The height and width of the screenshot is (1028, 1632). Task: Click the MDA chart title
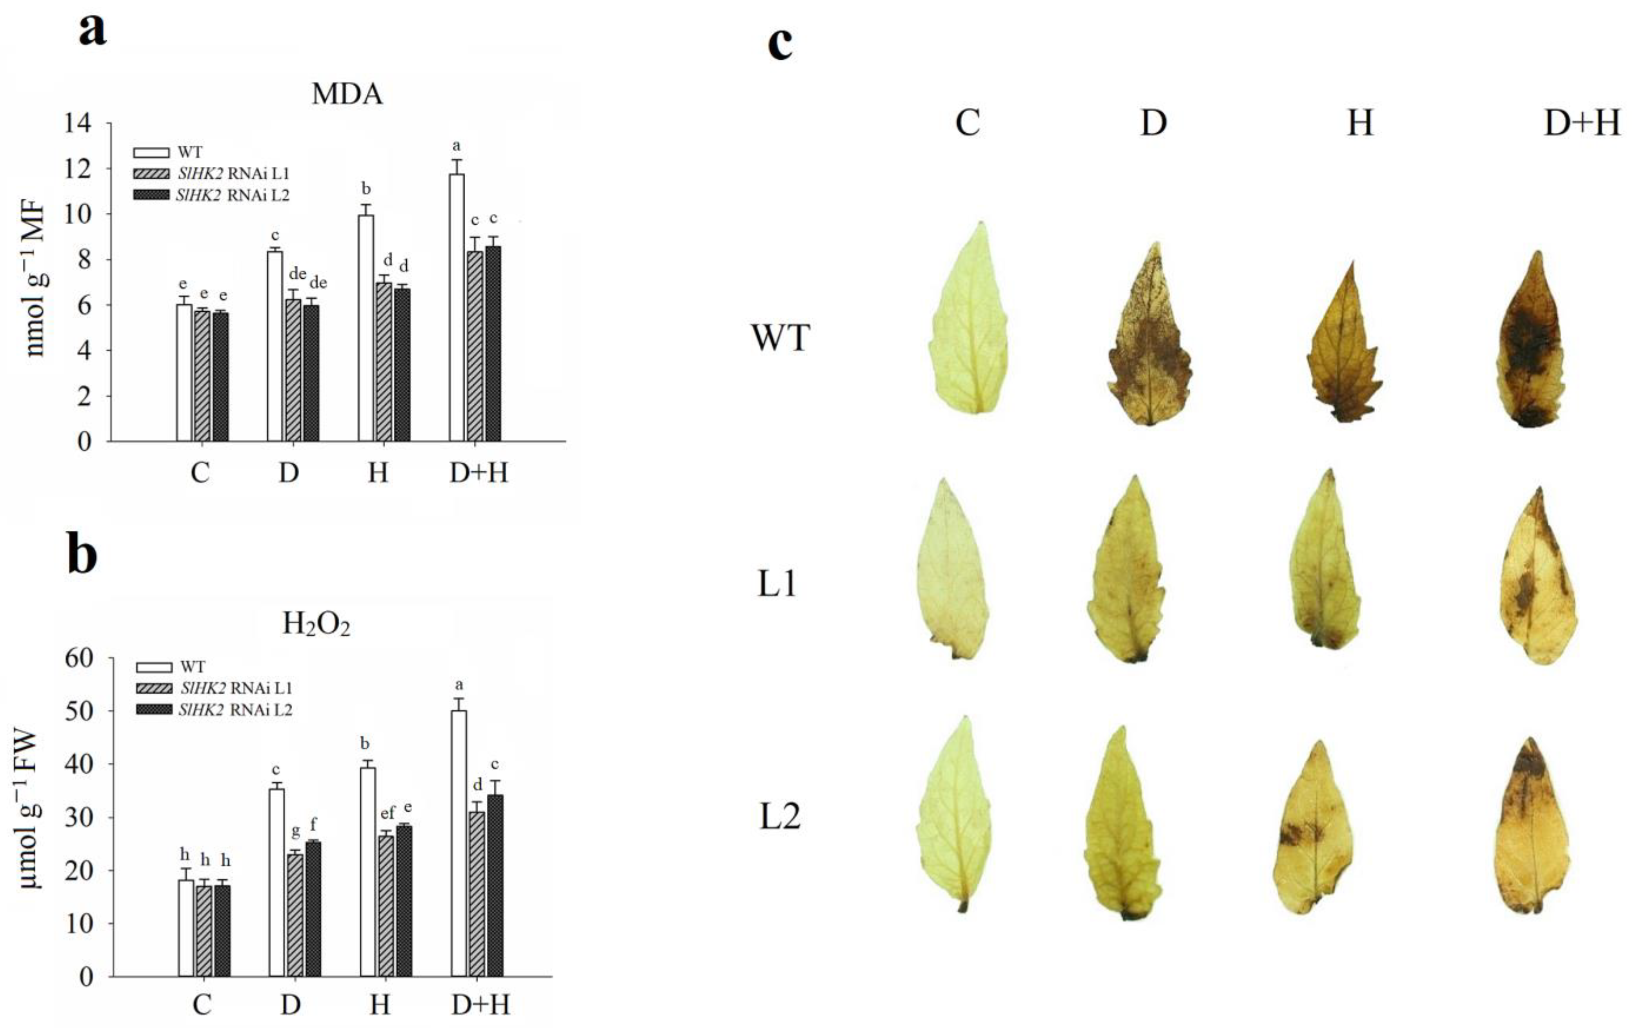pyautogui.click(x=347, y=94)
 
